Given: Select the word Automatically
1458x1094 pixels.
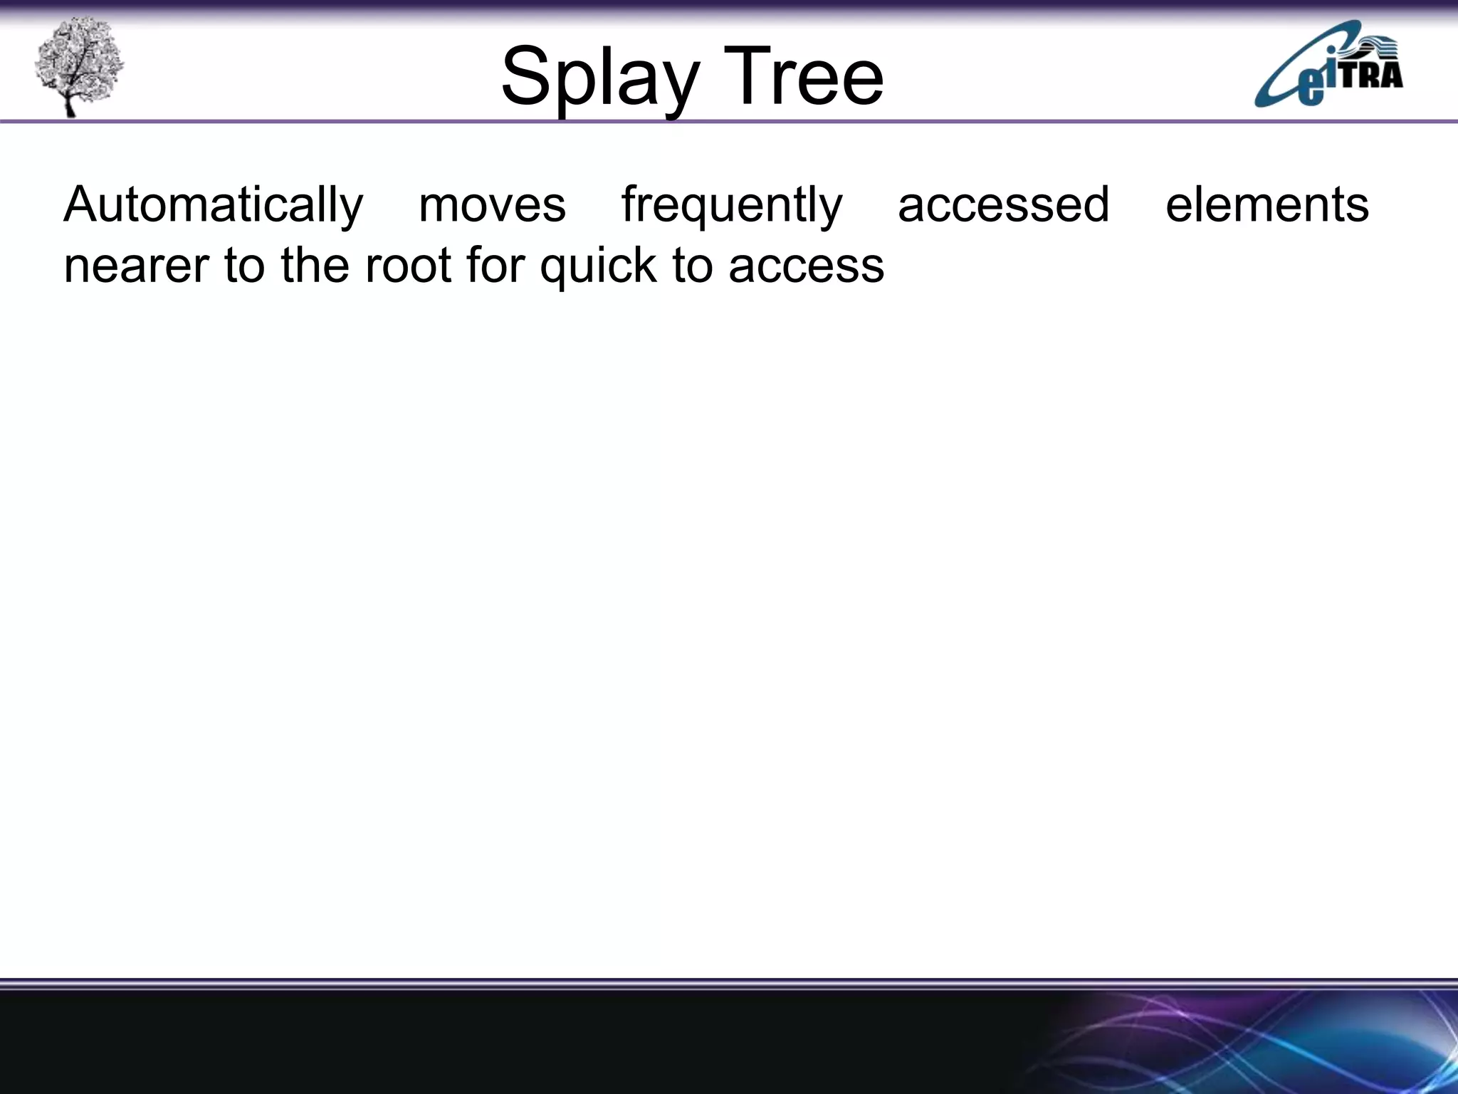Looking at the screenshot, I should (213, 205).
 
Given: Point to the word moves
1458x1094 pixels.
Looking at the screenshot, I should (492, 205).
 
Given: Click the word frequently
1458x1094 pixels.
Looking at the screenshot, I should (732, 205).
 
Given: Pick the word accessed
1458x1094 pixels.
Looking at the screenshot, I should (1003, 205).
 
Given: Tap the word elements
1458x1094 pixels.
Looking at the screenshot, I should (1266, 205).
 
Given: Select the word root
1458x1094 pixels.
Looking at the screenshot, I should (409, 266).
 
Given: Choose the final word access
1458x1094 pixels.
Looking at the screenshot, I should (806, 266).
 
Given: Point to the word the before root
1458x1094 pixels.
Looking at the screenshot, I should (316, 266).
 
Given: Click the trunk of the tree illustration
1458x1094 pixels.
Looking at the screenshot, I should (69, 103).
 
